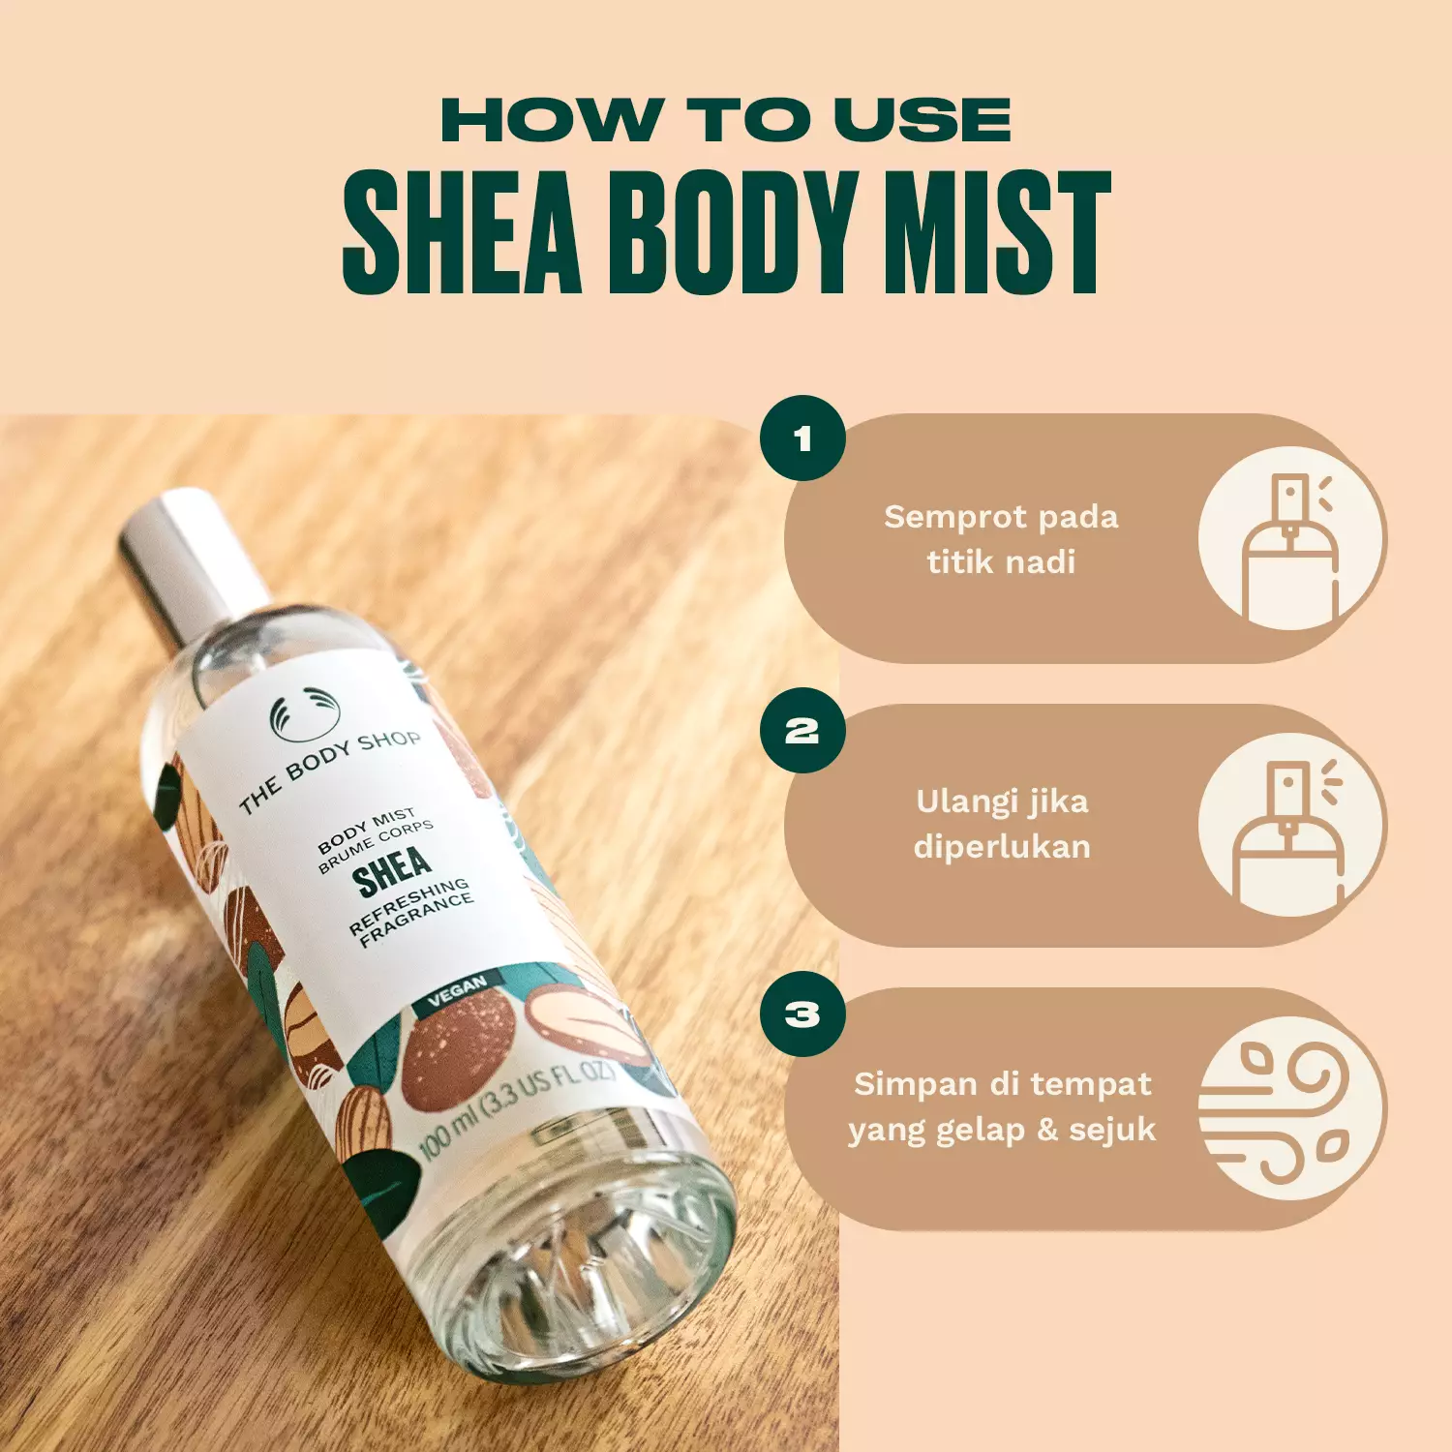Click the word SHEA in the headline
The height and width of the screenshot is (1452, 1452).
462,233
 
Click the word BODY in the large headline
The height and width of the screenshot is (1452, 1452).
732,233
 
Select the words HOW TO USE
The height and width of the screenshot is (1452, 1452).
726,121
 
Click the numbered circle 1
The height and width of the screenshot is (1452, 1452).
802,439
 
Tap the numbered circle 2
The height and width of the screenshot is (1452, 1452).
802,731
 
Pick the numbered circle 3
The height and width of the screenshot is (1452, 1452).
802,1014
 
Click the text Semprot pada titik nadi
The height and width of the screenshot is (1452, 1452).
1001,539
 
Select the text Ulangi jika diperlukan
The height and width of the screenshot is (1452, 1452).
1002,824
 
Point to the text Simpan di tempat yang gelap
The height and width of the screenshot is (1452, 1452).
1002,1106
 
